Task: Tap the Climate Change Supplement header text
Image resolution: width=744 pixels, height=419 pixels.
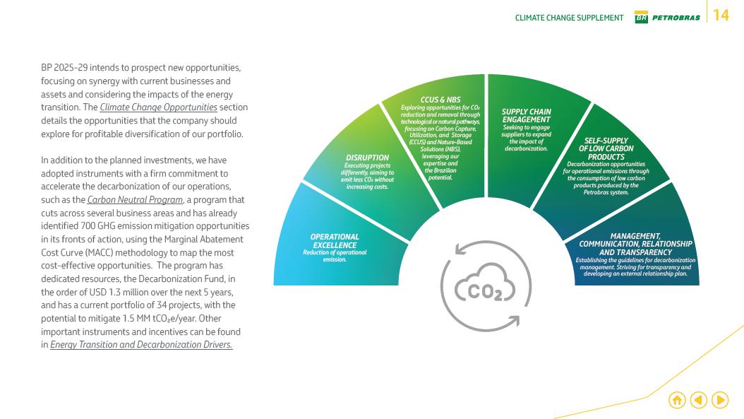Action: click(569, 18)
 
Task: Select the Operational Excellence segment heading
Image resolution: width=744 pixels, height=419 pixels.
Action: click(335, 241)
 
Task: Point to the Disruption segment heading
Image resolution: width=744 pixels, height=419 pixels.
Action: click(367, 158)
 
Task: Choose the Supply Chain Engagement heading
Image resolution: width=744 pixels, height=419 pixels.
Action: click(526, 116)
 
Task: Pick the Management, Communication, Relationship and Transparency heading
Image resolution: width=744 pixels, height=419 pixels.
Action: click(635, 244)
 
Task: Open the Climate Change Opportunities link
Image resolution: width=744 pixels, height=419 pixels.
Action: click(158, 107)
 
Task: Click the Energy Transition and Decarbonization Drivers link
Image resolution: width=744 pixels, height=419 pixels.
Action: click(141, 345)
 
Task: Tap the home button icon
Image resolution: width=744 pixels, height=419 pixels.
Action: click(676, 400)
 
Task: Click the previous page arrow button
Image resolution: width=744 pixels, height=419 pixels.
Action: click(698, 400)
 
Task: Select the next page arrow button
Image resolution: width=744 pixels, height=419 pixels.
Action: click(720, 400)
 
